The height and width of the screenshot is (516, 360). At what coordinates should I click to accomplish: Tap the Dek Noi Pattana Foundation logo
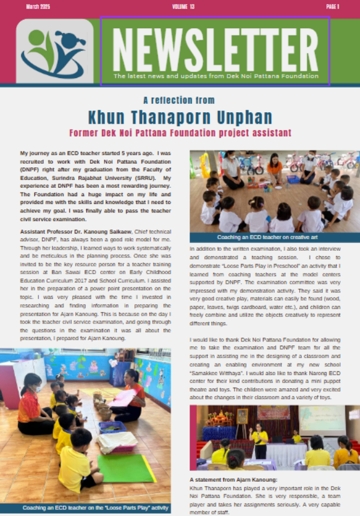pyautogui.click(x=55, y=52)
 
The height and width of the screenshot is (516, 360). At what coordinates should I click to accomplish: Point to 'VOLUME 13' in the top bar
pyautogui.click(x=183, y=7)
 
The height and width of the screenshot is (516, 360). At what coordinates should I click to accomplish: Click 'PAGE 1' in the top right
pyautogui.click(x=332, y=7)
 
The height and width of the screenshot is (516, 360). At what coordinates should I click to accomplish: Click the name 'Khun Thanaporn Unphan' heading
pyautogui.click(x=180, y=116)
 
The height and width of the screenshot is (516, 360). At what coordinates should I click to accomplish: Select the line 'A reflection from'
pyautogui.click(x=179, y=100)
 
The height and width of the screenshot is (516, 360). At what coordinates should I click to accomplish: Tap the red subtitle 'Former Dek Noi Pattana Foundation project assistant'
pyautogui.click(x=180, y=133)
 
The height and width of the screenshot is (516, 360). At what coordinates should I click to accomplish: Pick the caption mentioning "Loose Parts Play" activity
pyautogui.click(x=95, y=508)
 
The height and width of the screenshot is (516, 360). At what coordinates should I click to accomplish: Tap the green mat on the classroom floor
pyautogui.click(x=127, y=468)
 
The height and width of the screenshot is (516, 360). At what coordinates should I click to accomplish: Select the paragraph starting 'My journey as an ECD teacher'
pyautogui.click(x=95, y=186)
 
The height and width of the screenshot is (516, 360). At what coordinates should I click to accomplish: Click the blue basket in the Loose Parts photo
pyautogui.click(x=113, y=427)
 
